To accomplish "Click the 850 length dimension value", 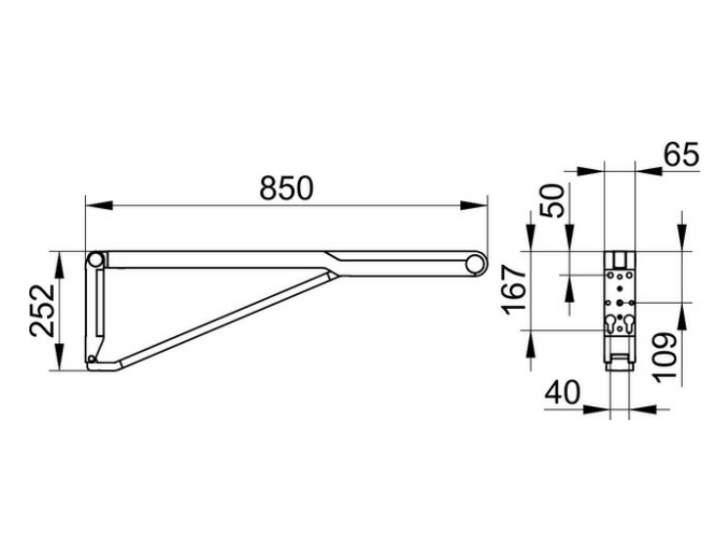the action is point(286,189).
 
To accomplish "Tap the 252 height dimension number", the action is point(43,311).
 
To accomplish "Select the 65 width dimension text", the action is point(681,154).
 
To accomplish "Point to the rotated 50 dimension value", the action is point(552,201).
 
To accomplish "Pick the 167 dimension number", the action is point(515,290).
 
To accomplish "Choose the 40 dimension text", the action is point(562,393).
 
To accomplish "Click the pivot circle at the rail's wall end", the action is point(96,260).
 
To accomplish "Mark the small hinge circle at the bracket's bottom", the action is point(92,359).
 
